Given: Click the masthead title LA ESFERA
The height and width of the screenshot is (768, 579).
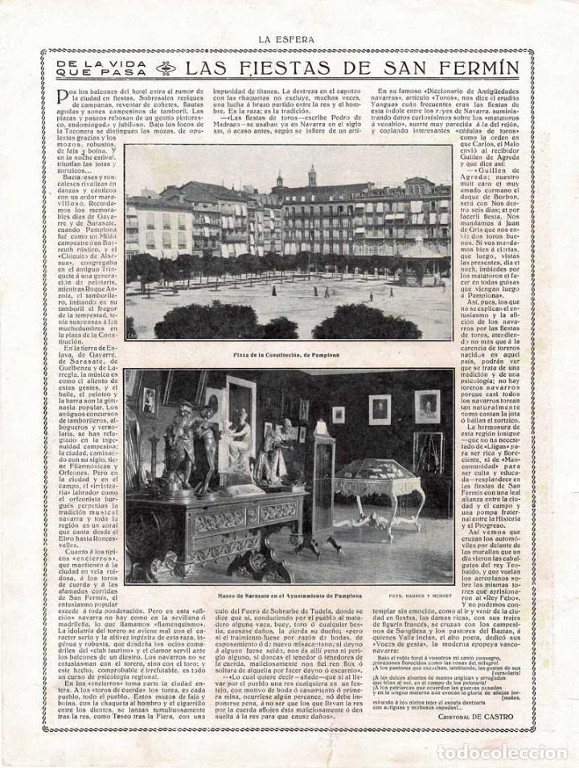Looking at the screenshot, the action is coord(289,35).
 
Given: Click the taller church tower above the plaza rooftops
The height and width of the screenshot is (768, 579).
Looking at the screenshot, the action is coord(312,175).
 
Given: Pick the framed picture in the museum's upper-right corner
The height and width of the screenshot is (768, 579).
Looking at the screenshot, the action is coord(427,406).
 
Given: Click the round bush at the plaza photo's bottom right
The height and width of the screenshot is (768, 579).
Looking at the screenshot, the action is coord(378,321).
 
